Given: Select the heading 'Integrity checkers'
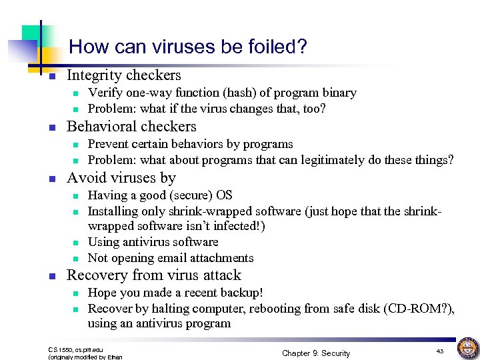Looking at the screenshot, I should (124, 75).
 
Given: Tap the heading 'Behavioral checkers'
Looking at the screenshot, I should (132, 127).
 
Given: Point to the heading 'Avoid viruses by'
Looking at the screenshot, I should (121, 177).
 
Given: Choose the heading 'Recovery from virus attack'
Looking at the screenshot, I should (154, 275).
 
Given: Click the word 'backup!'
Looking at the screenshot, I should (241, 293).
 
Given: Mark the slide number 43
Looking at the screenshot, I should (440, 351).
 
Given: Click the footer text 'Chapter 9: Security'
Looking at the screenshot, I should (316, 353).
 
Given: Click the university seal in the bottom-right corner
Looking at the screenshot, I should (467, 348).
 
